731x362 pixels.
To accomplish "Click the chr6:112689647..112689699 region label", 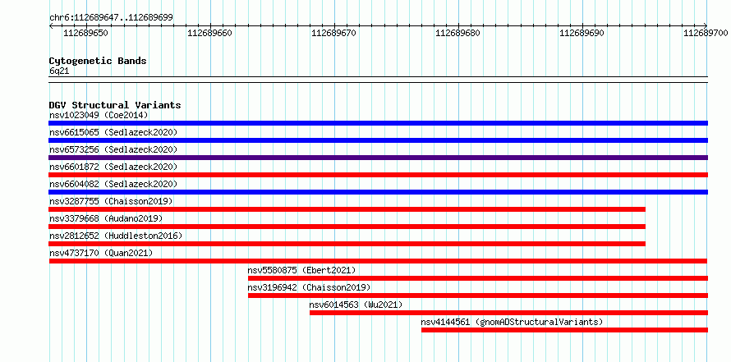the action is (x=111, y=18).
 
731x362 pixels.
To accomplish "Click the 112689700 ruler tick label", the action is (x=706, y=33).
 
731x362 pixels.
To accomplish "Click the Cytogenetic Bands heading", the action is (x=98, y=61).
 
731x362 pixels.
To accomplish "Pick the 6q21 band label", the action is (x=59, y=71).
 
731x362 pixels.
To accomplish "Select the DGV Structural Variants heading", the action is (x=115, y=105).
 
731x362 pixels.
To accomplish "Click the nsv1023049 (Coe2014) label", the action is (x=99, y=115).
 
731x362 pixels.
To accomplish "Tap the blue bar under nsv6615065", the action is (x=378, y=140).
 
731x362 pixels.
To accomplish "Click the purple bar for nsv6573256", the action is (x=378, y=158).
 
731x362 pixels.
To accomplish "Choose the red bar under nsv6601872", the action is (x=378, y=175).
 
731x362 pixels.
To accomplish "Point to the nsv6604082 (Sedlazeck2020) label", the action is (x=113, y=184).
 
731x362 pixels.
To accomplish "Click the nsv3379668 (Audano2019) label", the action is (x=106, y=218).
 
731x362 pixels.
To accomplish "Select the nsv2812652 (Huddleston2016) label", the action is (x=116, y=236).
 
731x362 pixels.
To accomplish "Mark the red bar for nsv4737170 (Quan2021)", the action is (x=378, y=261).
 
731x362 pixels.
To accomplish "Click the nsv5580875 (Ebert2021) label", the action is (x=301, y=270).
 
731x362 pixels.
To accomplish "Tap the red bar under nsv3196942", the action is (x=478, y=296).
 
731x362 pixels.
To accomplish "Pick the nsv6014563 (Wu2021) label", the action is (x=356, y=305).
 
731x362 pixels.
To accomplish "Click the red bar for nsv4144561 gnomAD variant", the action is (x=564, y=330).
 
